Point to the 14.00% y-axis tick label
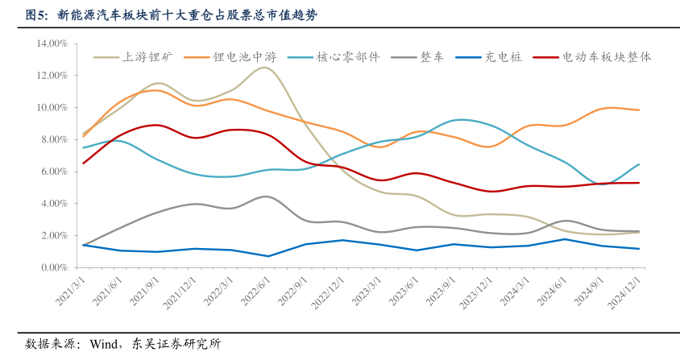click(x=52, y=43)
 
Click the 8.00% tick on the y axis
click(x=54, y=139)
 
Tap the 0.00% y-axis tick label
click(x=54, y=267)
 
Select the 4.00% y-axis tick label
click(x=54, y=204)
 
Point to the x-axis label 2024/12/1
click(x=620, y=291)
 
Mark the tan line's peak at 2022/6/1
click(x=263, y=68)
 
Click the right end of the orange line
click(x=639, y=110)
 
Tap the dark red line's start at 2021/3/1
click(x=84, y=163)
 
